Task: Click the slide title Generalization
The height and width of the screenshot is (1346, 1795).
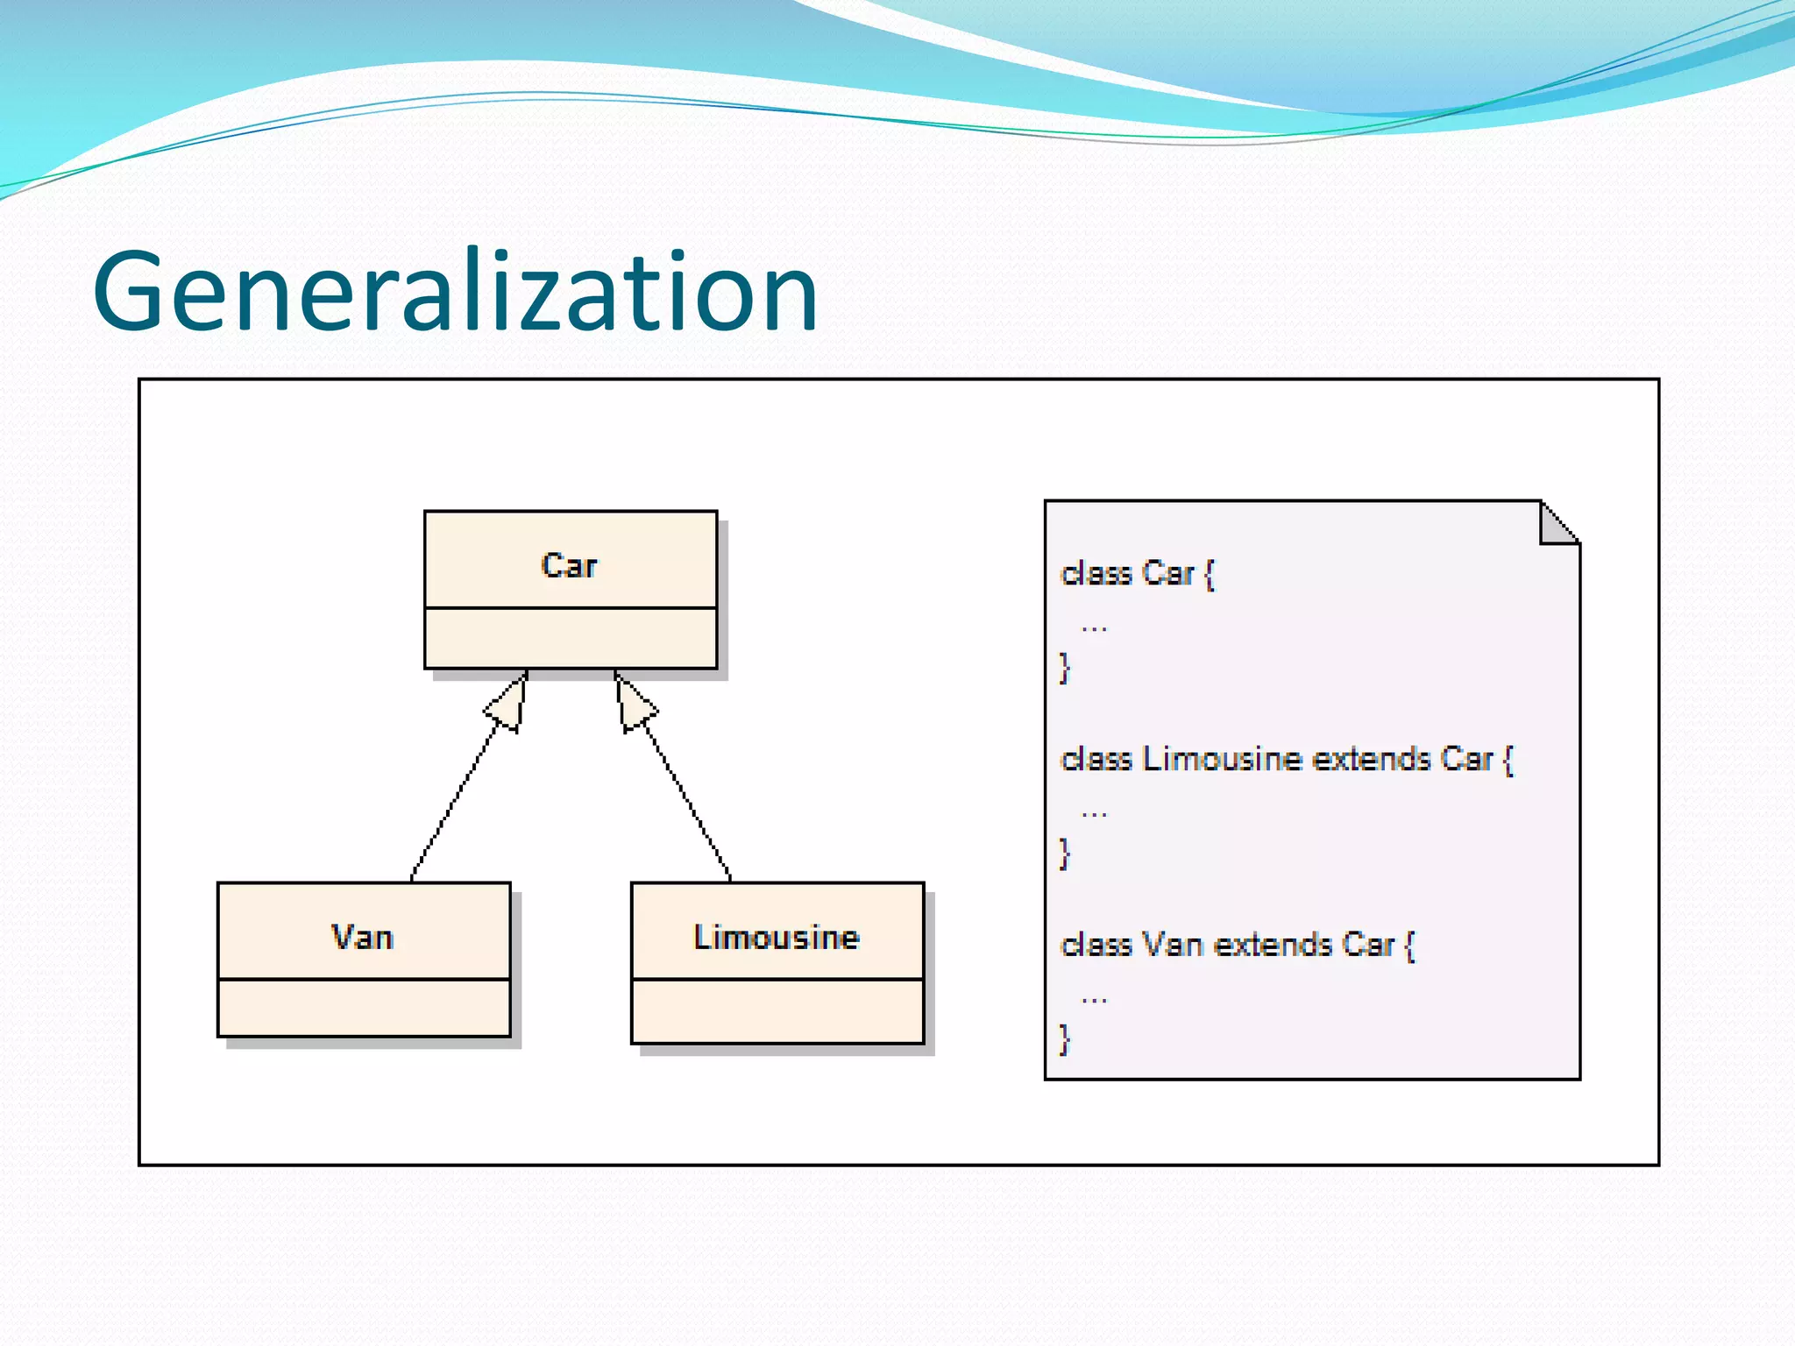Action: tap(456, 292)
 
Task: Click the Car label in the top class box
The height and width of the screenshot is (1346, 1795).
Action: tap(569, 565)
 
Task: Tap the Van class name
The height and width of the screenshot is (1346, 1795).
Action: tap(362, 938)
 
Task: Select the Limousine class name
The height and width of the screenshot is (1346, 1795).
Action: tap(777, 938)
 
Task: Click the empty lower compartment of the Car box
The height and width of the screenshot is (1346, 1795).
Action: tap(571, 638)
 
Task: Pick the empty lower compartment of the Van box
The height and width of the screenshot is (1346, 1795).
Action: tap(364, 1008)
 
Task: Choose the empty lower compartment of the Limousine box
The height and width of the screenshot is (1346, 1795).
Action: tap(777, 1011)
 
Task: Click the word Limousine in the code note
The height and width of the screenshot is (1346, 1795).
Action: tap(1222, 759)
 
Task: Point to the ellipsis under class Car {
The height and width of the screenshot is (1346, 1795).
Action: tap(1094, 627)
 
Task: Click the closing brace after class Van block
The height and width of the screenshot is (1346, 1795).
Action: tap(1065, 1039)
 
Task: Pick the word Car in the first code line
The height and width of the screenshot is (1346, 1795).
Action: tap(1168, 573)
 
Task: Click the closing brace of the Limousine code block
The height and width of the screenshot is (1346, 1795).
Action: tap(1065, 853)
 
